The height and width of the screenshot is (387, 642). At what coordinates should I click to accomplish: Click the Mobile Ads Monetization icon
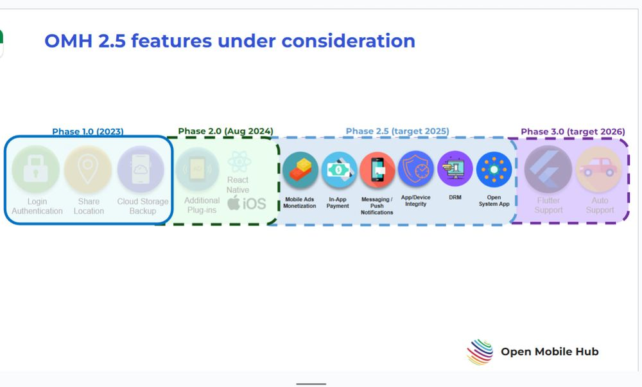pos(300,170)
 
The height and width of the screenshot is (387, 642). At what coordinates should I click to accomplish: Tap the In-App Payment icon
pos(339,170)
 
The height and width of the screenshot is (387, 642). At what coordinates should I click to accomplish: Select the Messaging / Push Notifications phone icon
pos(377,170)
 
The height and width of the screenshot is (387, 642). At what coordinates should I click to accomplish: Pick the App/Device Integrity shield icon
pos(415,169)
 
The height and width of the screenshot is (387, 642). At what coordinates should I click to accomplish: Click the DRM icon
pos(455,169)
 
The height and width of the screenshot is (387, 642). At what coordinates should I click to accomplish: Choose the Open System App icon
pos(494,169)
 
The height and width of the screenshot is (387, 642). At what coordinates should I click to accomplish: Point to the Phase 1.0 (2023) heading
pos(87,132)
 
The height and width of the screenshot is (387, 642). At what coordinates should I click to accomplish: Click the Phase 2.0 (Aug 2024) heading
pos(225,131)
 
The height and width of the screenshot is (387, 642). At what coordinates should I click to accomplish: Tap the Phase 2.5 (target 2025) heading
pos(397,131)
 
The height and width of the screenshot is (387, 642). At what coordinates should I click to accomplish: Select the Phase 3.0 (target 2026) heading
pos(573,132)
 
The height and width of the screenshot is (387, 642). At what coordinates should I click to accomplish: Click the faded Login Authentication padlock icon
pos(35,169)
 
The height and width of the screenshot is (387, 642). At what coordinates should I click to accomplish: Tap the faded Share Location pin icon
pos(88,169)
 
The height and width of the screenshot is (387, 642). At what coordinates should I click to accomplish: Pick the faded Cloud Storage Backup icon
pos(141,169)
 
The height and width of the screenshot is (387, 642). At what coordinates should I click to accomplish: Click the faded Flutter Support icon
pos(548,169)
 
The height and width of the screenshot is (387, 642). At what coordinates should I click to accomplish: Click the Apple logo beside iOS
pos(234,203)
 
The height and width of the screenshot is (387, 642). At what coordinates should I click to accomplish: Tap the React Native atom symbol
pos(239,161)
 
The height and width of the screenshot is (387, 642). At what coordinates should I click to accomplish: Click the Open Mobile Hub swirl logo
pos(480,352)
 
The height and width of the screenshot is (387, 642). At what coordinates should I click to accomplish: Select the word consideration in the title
pos(349,41)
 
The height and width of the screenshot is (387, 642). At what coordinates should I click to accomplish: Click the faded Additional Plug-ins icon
pos(197,169)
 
